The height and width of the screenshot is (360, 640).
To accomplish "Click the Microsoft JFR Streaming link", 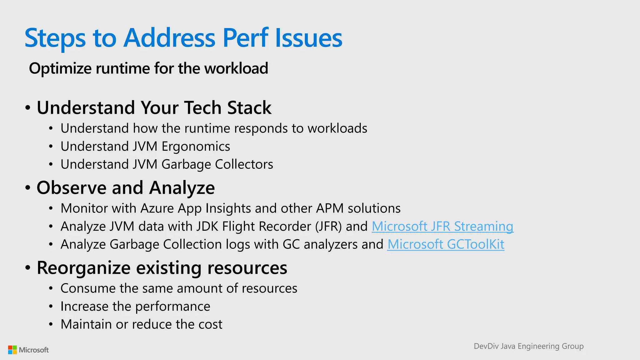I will coord(442,226).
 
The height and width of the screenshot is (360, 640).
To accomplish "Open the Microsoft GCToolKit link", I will coord(446,244).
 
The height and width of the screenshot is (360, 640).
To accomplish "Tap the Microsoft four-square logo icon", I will coord(12,350).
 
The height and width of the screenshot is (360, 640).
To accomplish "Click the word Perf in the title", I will coord(245,38).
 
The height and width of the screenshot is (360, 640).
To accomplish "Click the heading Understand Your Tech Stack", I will coord(154,107).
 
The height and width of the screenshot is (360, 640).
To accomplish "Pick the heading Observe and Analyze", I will coord(126,187).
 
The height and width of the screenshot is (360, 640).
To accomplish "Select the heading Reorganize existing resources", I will coord(162,268).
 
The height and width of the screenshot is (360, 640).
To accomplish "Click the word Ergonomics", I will coord(196,147).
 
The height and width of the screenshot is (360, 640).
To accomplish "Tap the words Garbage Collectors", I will coord(217,164).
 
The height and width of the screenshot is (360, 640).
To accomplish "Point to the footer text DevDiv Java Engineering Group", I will coord(528,346).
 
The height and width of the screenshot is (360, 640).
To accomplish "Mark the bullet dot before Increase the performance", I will coord(51,307).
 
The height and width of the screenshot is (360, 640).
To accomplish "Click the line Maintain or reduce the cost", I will coord(141,324).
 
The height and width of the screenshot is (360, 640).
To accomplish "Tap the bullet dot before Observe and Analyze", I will coord(28,188).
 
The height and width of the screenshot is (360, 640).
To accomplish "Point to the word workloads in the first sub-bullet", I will coord(337,128).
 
